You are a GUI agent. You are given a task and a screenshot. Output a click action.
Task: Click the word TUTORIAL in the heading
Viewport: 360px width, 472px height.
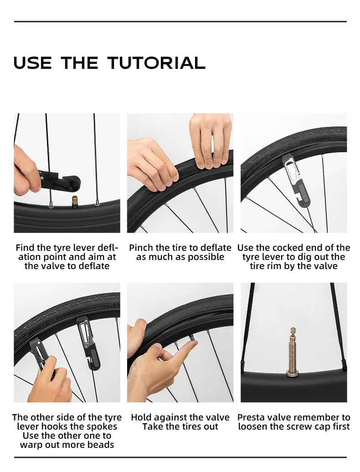[x=156, y=62]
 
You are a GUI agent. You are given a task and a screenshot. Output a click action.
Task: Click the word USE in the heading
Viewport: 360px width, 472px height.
[x=32, y=62]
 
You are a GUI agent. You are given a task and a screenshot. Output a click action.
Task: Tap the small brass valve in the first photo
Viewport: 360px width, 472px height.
[x=74, y=202]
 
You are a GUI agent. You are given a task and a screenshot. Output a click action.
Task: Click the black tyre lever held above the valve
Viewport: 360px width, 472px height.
[x=59, y=182]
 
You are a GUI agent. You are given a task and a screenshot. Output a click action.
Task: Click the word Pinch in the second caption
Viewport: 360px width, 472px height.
[x=141, y=248]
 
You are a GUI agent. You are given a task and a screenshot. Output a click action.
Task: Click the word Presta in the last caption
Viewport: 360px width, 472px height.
[x=251, y=418]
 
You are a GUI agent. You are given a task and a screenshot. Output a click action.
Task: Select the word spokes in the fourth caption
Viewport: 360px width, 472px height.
[x=102, y=427]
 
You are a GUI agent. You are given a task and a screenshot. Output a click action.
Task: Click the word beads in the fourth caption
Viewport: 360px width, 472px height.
[x=100, y=445]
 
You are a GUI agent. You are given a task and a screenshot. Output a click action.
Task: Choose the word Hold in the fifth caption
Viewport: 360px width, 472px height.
[x=141, y=418]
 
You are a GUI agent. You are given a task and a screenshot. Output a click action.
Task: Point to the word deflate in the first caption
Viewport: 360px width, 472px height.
[x=94, y=266]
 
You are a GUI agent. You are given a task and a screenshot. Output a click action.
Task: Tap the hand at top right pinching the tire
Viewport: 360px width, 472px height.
[x=211, y=140]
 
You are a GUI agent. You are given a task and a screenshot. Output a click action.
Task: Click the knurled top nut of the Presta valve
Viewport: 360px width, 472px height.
[x=293, y=332]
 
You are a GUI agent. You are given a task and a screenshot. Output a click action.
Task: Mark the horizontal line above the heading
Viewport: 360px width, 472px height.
[x=180, y=22]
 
